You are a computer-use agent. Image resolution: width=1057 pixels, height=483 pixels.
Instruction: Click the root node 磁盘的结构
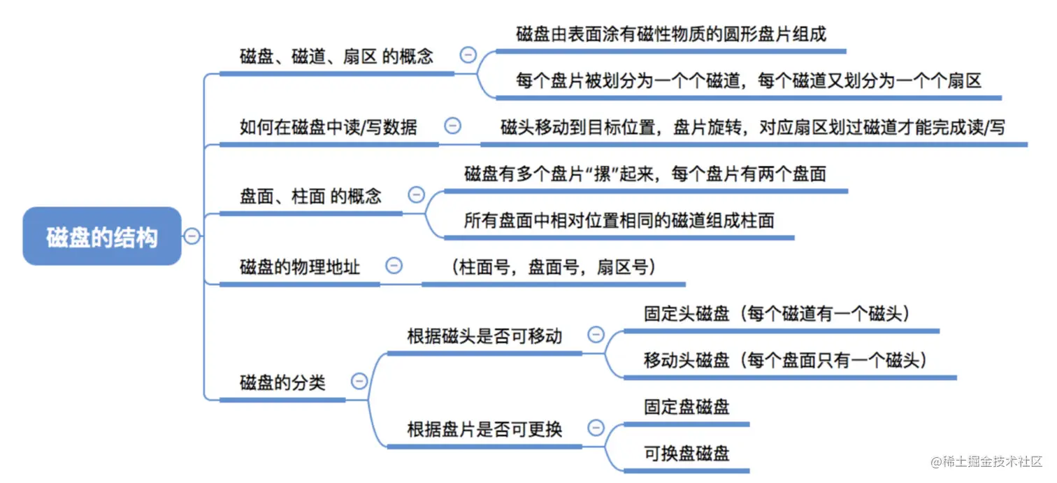tap(102, 237)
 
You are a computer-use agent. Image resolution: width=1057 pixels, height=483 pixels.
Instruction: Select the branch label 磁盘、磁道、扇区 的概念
tap(336, 57)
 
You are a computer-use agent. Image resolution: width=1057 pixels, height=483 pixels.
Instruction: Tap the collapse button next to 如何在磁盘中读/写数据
tap(453, 126)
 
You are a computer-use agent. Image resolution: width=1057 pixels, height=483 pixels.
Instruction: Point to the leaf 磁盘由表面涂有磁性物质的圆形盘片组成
tap(671, 34)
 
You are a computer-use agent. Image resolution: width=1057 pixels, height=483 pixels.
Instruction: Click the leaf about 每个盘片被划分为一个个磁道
tap(749, 80)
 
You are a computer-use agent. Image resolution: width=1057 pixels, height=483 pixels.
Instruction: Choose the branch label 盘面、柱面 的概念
tap(310, 196)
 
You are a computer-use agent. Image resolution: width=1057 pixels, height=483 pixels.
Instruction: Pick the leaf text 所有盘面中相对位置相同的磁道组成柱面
tap(619, 220)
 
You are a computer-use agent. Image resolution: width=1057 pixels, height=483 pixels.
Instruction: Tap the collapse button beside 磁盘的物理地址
tap(394, 266)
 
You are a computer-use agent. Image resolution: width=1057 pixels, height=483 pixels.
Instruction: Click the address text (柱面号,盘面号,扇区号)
tap(553, 267)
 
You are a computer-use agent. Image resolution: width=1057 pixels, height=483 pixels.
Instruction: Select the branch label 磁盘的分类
tap(282, 382)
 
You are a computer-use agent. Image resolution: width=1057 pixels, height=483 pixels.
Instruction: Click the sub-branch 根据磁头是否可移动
tap(484, 336)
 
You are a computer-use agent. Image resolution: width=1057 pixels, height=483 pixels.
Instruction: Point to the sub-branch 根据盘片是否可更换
tap(484, 428)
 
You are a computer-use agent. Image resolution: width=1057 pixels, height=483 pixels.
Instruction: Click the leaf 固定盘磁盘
tap(686, 407)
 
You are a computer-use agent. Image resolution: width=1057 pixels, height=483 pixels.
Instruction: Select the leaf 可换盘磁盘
tap(686, 453)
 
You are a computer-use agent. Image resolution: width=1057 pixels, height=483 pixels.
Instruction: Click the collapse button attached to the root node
tap(192, 236)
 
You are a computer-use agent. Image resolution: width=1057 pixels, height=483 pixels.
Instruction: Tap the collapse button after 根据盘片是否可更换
tap(596, 428)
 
